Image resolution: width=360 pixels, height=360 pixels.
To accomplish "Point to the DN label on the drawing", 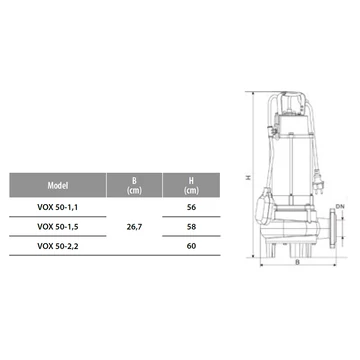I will coord(340,205).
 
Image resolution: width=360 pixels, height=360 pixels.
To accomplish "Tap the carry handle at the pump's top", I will coord(296,96).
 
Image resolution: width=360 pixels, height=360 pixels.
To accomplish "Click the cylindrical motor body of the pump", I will coord(297,160).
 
